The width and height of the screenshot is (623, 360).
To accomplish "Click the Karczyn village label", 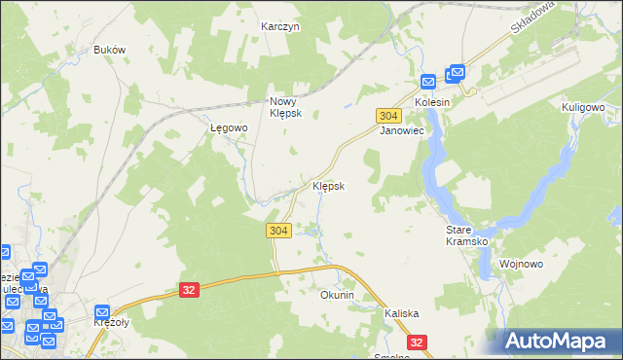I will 280,26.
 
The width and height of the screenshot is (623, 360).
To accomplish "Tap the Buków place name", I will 109,50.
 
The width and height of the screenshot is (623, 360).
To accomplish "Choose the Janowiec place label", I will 400,129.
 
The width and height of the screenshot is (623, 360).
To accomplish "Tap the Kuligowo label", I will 584,107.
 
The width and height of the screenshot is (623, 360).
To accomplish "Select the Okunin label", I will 337,294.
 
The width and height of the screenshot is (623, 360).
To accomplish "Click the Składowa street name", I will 531,17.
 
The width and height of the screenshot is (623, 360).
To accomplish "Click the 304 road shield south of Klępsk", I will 278,230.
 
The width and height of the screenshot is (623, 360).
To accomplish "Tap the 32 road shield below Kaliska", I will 417,342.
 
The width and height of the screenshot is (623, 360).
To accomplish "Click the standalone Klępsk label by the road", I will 328,185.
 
